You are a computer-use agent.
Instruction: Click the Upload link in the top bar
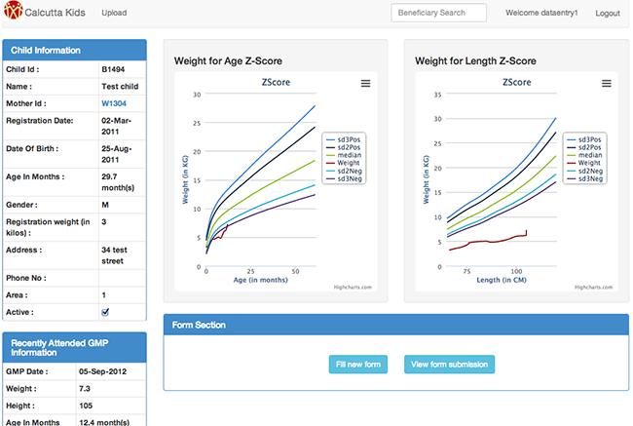[x=114, y=14]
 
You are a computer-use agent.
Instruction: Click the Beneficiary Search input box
[x=438, y=14]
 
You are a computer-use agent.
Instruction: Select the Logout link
[x=607, y=14]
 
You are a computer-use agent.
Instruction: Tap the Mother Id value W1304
[x=114, y=102]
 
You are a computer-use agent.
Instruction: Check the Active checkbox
[x=105, y=311]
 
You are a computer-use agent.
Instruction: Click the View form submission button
[x=449, y=365]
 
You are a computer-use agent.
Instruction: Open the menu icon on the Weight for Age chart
[x=365, y=84]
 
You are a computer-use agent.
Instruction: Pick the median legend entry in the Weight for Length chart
[x=587, y=155]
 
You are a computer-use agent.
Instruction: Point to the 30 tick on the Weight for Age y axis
[x=197, y=95]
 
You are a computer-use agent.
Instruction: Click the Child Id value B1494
[x=112, y=70]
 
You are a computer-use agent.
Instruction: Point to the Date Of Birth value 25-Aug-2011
[x=116, y=153]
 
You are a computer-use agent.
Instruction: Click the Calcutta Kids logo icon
[x=13, y=14]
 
